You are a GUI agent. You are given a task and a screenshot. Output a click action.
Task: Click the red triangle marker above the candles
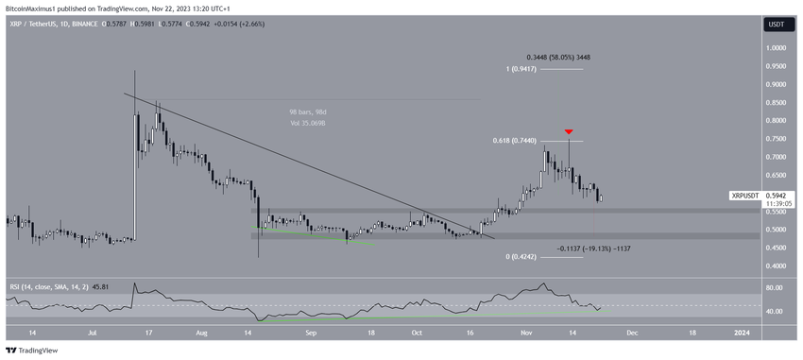569,131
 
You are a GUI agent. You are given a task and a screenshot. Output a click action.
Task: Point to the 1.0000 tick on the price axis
777,48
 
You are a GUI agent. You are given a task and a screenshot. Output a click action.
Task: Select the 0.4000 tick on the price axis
777,266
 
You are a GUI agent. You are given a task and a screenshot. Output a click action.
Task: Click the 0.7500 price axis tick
777,139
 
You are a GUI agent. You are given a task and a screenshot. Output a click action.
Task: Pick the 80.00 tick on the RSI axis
775,287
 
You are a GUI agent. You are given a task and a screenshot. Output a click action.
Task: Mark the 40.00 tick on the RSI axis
775,311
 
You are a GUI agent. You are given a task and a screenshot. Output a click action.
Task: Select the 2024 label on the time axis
742,333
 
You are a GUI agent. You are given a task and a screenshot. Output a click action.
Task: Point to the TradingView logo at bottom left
32,351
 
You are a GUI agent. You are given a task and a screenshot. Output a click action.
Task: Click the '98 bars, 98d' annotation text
308,112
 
